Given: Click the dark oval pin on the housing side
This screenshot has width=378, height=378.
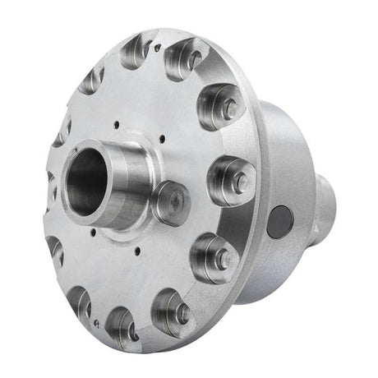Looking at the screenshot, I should click(280, 221).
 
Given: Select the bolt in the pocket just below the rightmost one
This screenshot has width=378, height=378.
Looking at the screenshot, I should click(218, 259).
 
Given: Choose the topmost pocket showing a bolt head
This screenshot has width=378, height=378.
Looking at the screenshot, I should click(189, 59).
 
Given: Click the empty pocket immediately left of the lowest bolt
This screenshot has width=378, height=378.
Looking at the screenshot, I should click(123, 322).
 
